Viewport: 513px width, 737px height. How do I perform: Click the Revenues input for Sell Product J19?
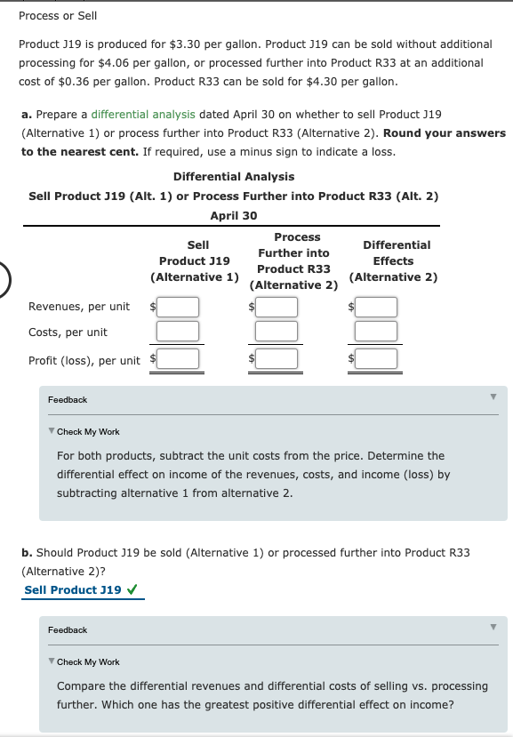click(x=178, y=307)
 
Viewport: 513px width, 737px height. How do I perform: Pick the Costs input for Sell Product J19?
click(x=178, y=332)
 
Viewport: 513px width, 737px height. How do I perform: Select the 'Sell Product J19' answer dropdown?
click(x=73, y=589)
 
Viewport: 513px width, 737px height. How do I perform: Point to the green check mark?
click(x=132, y=589)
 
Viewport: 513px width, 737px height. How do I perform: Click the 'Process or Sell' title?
click(x=58, y=16)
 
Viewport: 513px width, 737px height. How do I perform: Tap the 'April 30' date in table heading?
click(x=234, y=215)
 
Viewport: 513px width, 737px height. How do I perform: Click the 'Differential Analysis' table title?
click(x=234, y=176)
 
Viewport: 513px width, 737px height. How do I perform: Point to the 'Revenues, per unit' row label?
click(x=79, y=307)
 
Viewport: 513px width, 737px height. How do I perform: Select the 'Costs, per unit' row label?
click(x=68, y=332)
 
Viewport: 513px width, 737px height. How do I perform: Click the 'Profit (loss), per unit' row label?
click(x=84, y=360)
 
